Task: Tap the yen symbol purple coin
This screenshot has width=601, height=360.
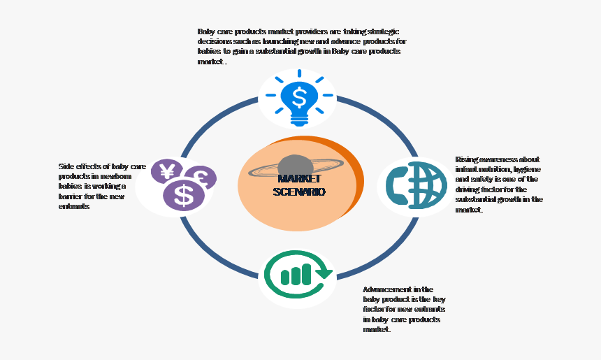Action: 167,172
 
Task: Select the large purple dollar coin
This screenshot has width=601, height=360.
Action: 184,196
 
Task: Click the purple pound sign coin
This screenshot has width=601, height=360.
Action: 201,176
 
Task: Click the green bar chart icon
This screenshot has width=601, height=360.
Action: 296,275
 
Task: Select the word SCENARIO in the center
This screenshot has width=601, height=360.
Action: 299,192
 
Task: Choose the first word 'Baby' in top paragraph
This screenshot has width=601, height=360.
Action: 206,31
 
